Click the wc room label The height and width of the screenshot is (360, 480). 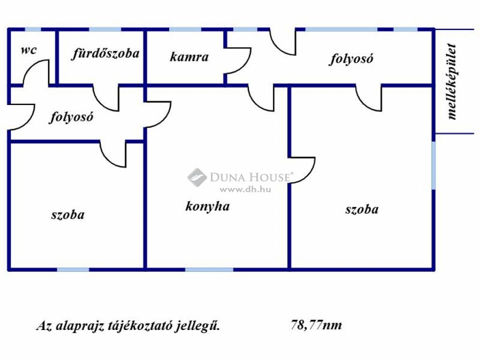coord(29,50)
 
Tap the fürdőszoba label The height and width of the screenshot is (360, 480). coord(105,54)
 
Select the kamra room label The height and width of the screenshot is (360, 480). coord(189,57)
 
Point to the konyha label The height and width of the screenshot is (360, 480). coord(208,206)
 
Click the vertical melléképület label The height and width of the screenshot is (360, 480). coord(452,82)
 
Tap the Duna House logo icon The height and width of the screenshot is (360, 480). coord(197,177)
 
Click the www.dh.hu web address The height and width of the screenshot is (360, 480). coord(245,189)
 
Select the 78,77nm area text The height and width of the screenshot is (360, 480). coord(316,324)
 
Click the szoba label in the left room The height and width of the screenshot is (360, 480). coord(67,215)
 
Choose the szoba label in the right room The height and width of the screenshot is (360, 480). coord(362,210)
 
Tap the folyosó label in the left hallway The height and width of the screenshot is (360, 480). coord(71,117)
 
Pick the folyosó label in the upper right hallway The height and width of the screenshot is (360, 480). coord(351,59)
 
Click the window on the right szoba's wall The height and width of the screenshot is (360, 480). coord(434,165)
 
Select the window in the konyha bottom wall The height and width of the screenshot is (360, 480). coord(210,270)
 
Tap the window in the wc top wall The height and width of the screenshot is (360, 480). coord(33,30)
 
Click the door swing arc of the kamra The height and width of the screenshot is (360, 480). coord(239,60)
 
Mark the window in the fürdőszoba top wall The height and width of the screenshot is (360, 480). coord(105,30)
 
